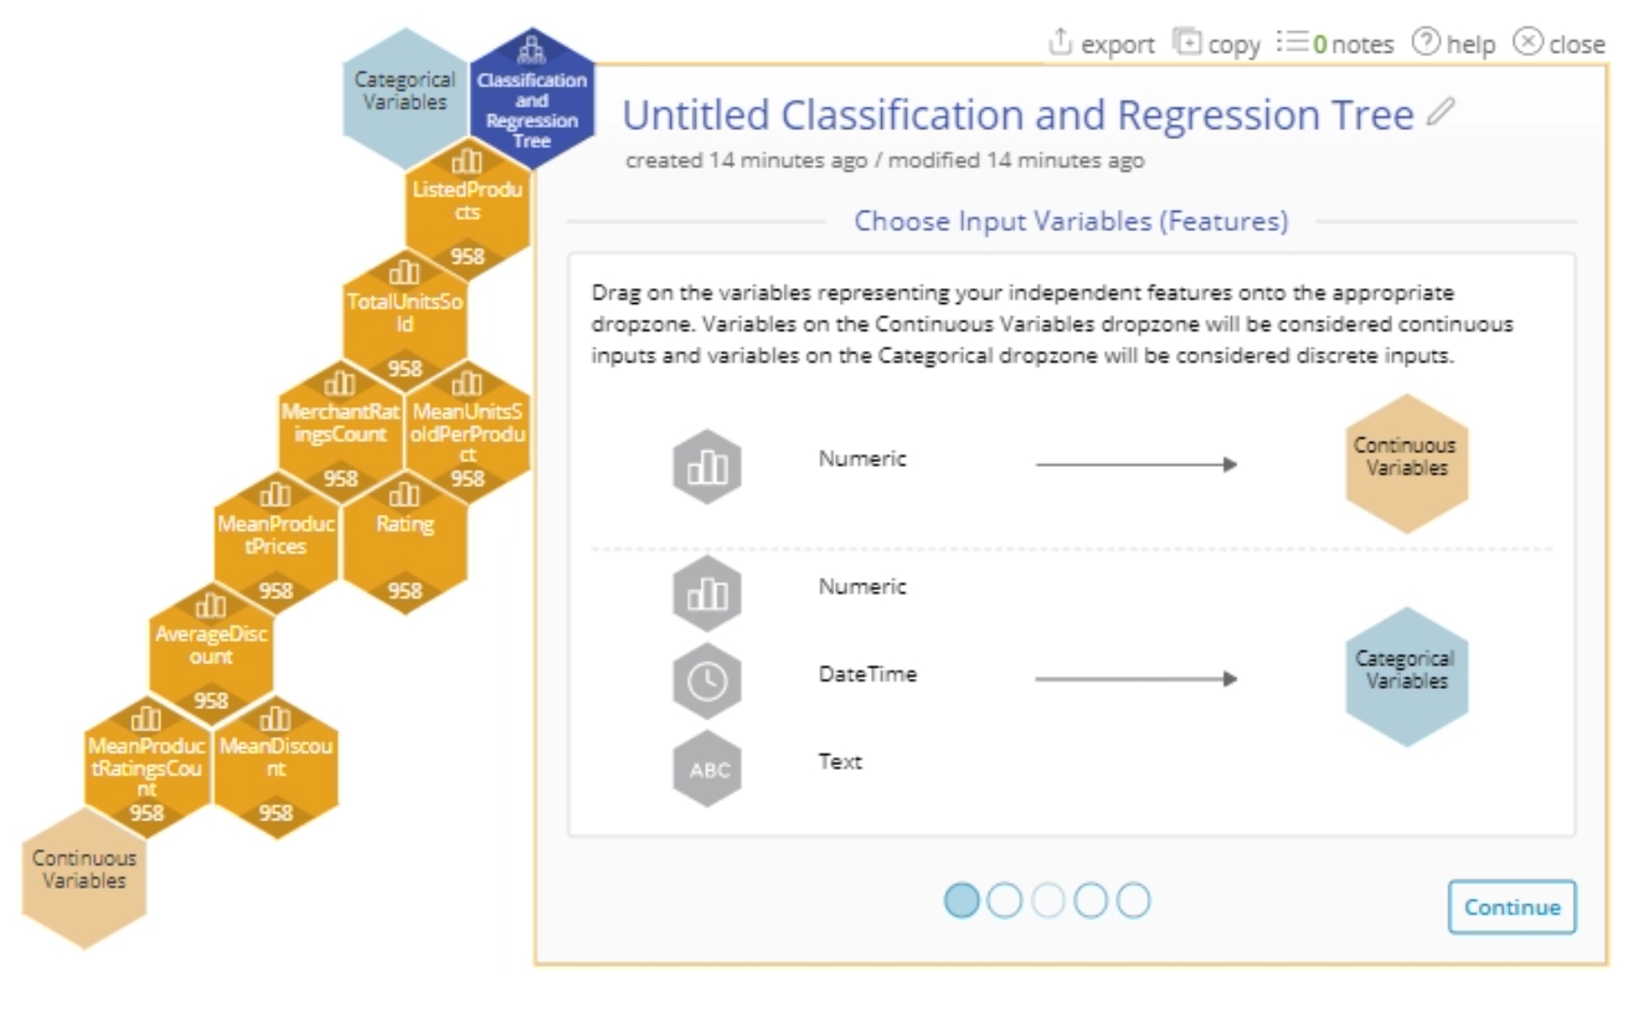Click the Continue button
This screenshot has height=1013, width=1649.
(1511, 907)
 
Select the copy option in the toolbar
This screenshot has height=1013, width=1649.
(1216, 43)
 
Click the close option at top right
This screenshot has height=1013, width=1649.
(1560, 43)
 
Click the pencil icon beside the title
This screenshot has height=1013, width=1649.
(1440, 112)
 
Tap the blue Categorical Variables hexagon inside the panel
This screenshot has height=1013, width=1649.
(1406, 676)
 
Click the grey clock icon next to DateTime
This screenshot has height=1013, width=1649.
(707, 681)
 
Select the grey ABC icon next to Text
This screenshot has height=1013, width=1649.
(707, 769)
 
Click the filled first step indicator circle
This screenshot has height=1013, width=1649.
(961, 901)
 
